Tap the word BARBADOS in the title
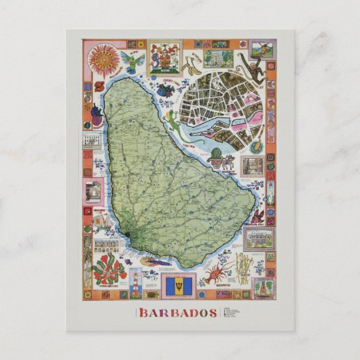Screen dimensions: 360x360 (179, 313)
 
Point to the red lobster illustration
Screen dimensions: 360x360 (217, 276)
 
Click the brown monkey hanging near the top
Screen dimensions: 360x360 (252, 68)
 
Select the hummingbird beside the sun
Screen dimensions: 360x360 (132, 61)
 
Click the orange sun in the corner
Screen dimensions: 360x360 (104, 58)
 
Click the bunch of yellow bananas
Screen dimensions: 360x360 (192, 67)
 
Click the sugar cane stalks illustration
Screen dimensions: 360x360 (242, 264)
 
